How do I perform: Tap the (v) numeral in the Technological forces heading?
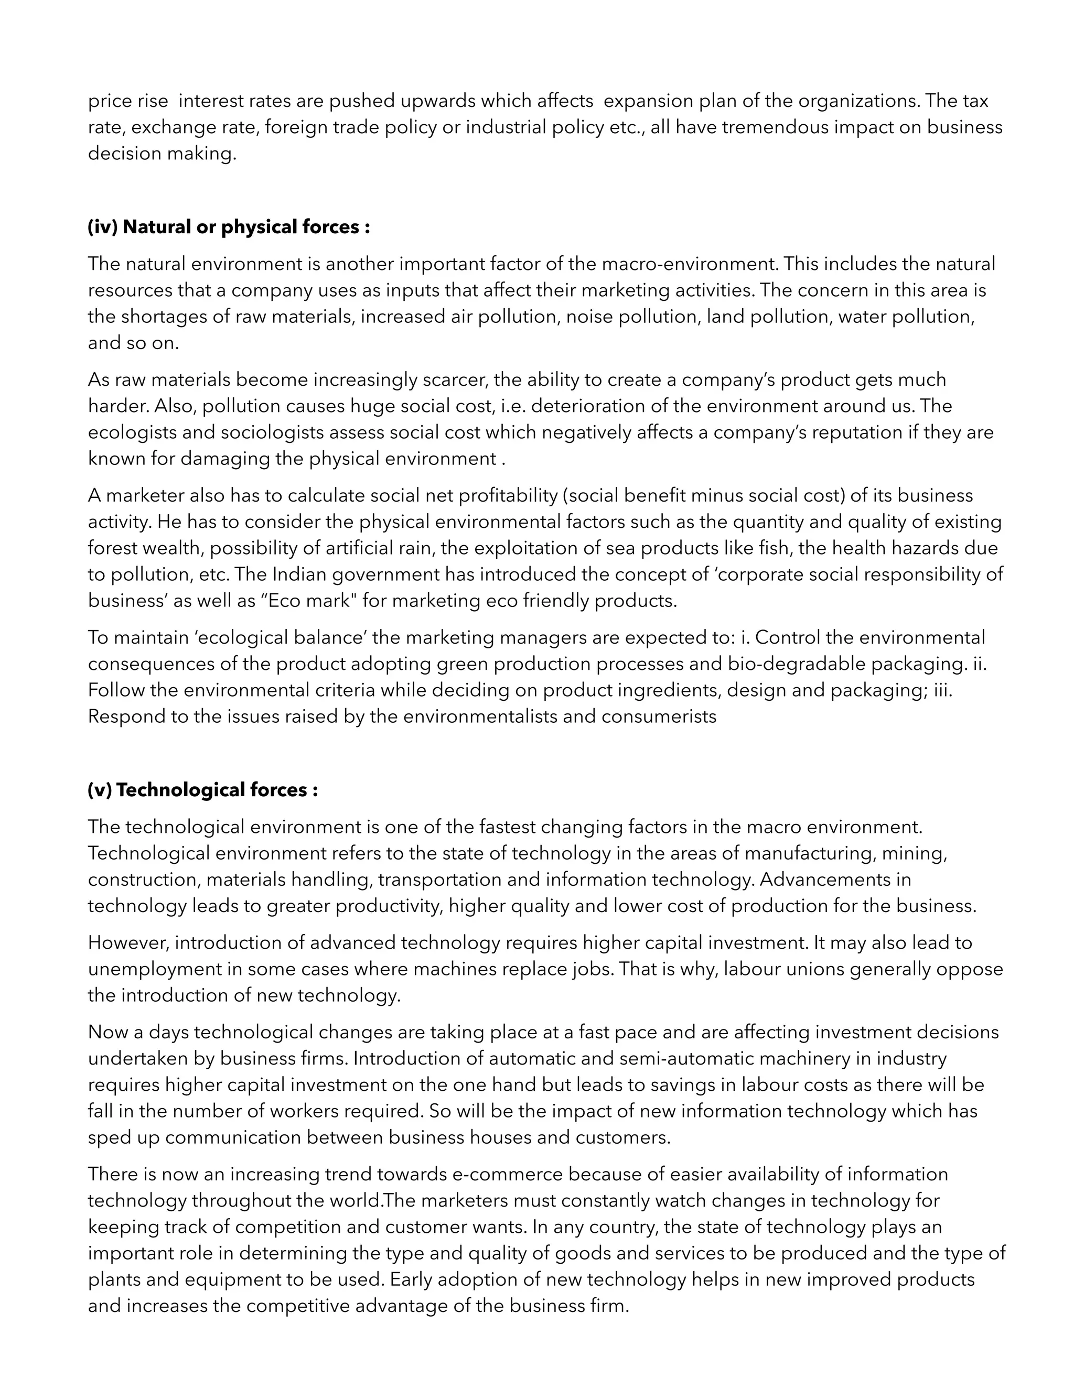click(x=100, y=790)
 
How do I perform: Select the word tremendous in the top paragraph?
click(x=774, y=127)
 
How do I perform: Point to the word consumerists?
click(x=659, y=717)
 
